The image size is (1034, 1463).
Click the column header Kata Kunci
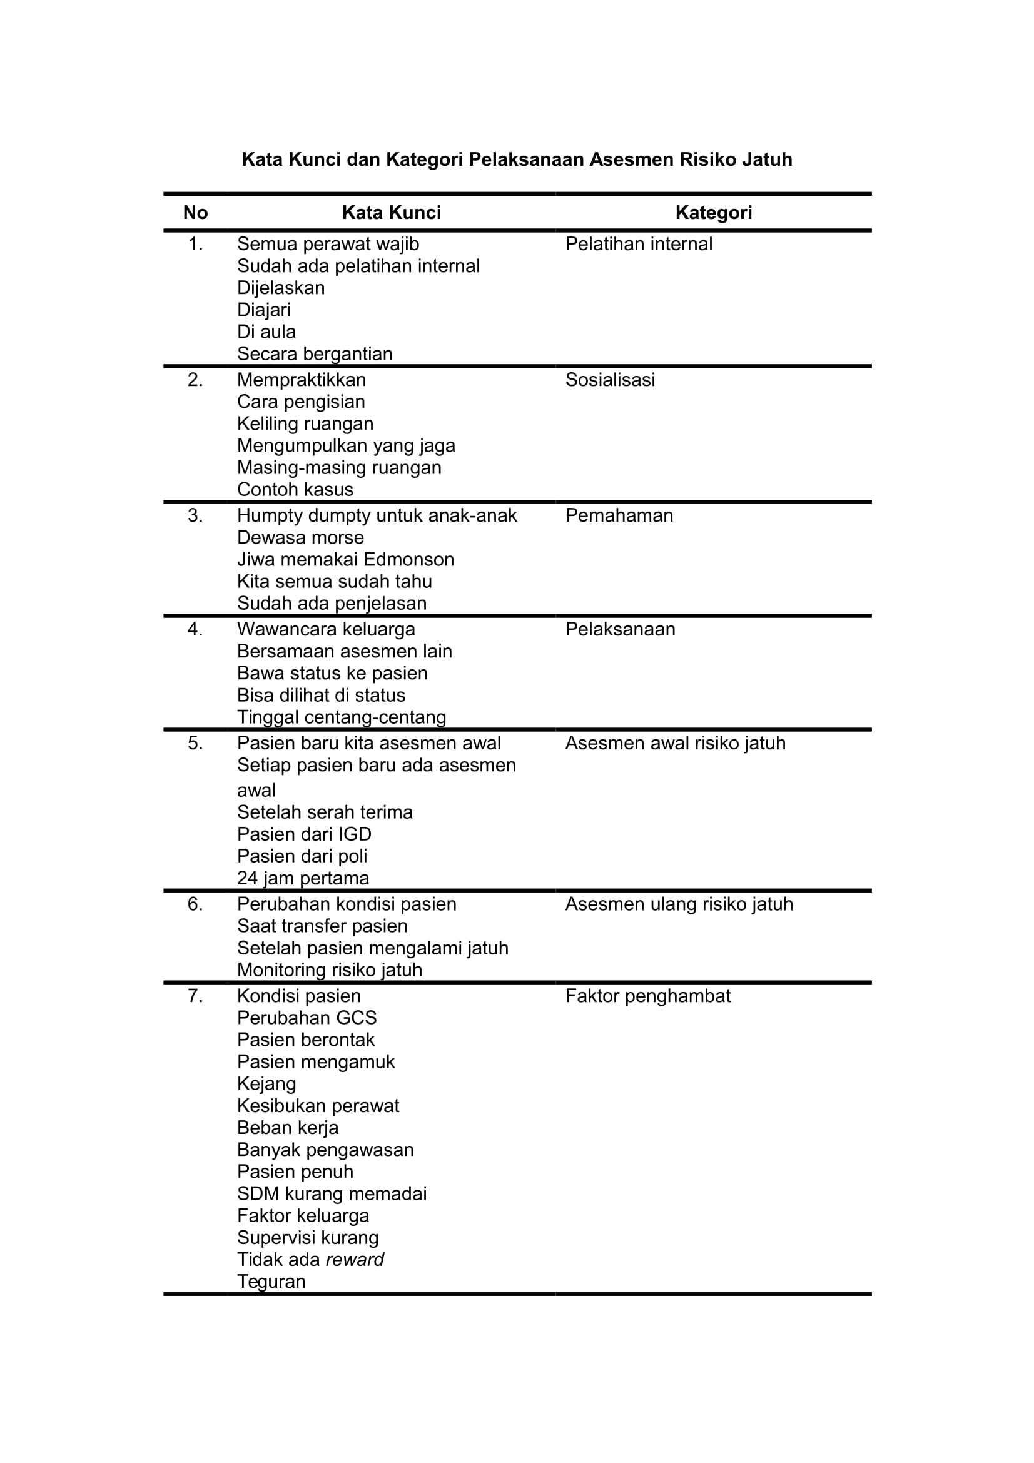(391, 213)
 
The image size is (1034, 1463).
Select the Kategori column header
(713, 213)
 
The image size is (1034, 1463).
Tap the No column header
(196, 213)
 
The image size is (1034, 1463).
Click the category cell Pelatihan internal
(639, 244)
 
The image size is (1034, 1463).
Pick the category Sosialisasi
(610, 380)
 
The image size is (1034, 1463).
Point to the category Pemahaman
(619, 515)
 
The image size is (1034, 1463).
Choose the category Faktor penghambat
(647, 996)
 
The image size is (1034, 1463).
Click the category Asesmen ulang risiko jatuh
(679, 904)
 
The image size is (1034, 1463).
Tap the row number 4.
(195, 630)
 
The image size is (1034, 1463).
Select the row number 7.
(195, 996)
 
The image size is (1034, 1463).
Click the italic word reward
(354, 1260)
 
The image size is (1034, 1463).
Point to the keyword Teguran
(271, 1282)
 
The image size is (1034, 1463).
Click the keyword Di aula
(266, 332)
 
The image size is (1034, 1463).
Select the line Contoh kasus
(295, 489)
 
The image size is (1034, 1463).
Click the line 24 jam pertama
(303, 878)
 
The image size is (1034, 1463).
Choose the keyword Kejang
(266, 1084)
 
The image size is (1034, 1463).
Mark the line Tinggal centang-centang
(342, 717)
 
